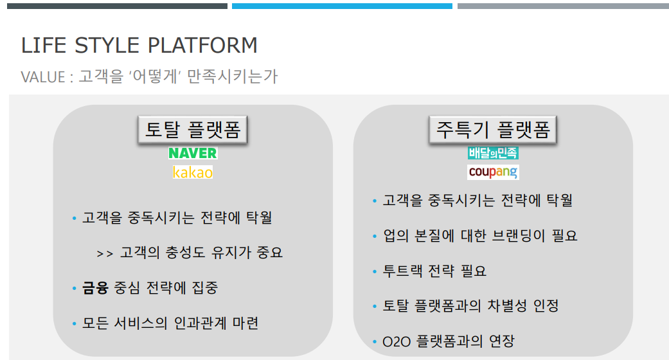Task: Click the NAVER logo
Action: pyautogui.click(x=193, y=153)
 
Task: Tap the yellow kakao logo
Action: pyautogui.click(x=193, y=172)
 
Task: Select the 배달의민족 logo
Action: pyautogui.click(x=493, y=153)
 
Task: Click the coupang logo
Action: pyautogui.click(x=493, y=172)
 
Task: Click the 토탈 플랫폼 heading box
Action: pyautogui.click(x=193, y=130)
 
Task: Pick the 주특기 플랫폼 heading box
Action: pyautogui.click(x=493, y=130)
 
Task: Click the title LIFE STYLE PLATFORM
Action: pyautogui.click(x=139, y=46)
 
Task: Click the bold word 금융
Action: pyautogui.click(x=96, y=287)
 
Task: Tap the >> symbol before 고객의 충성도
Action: pyautogui.click(x=104, y=253)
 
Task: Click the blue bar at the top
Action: pyautogui.click(x=342, y=6)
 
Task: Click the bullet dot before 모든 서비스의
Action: pyautogui.click(x=75, y=323)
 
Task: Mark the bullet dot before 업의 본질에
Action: pyautogui.click(x=375, y=237)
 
